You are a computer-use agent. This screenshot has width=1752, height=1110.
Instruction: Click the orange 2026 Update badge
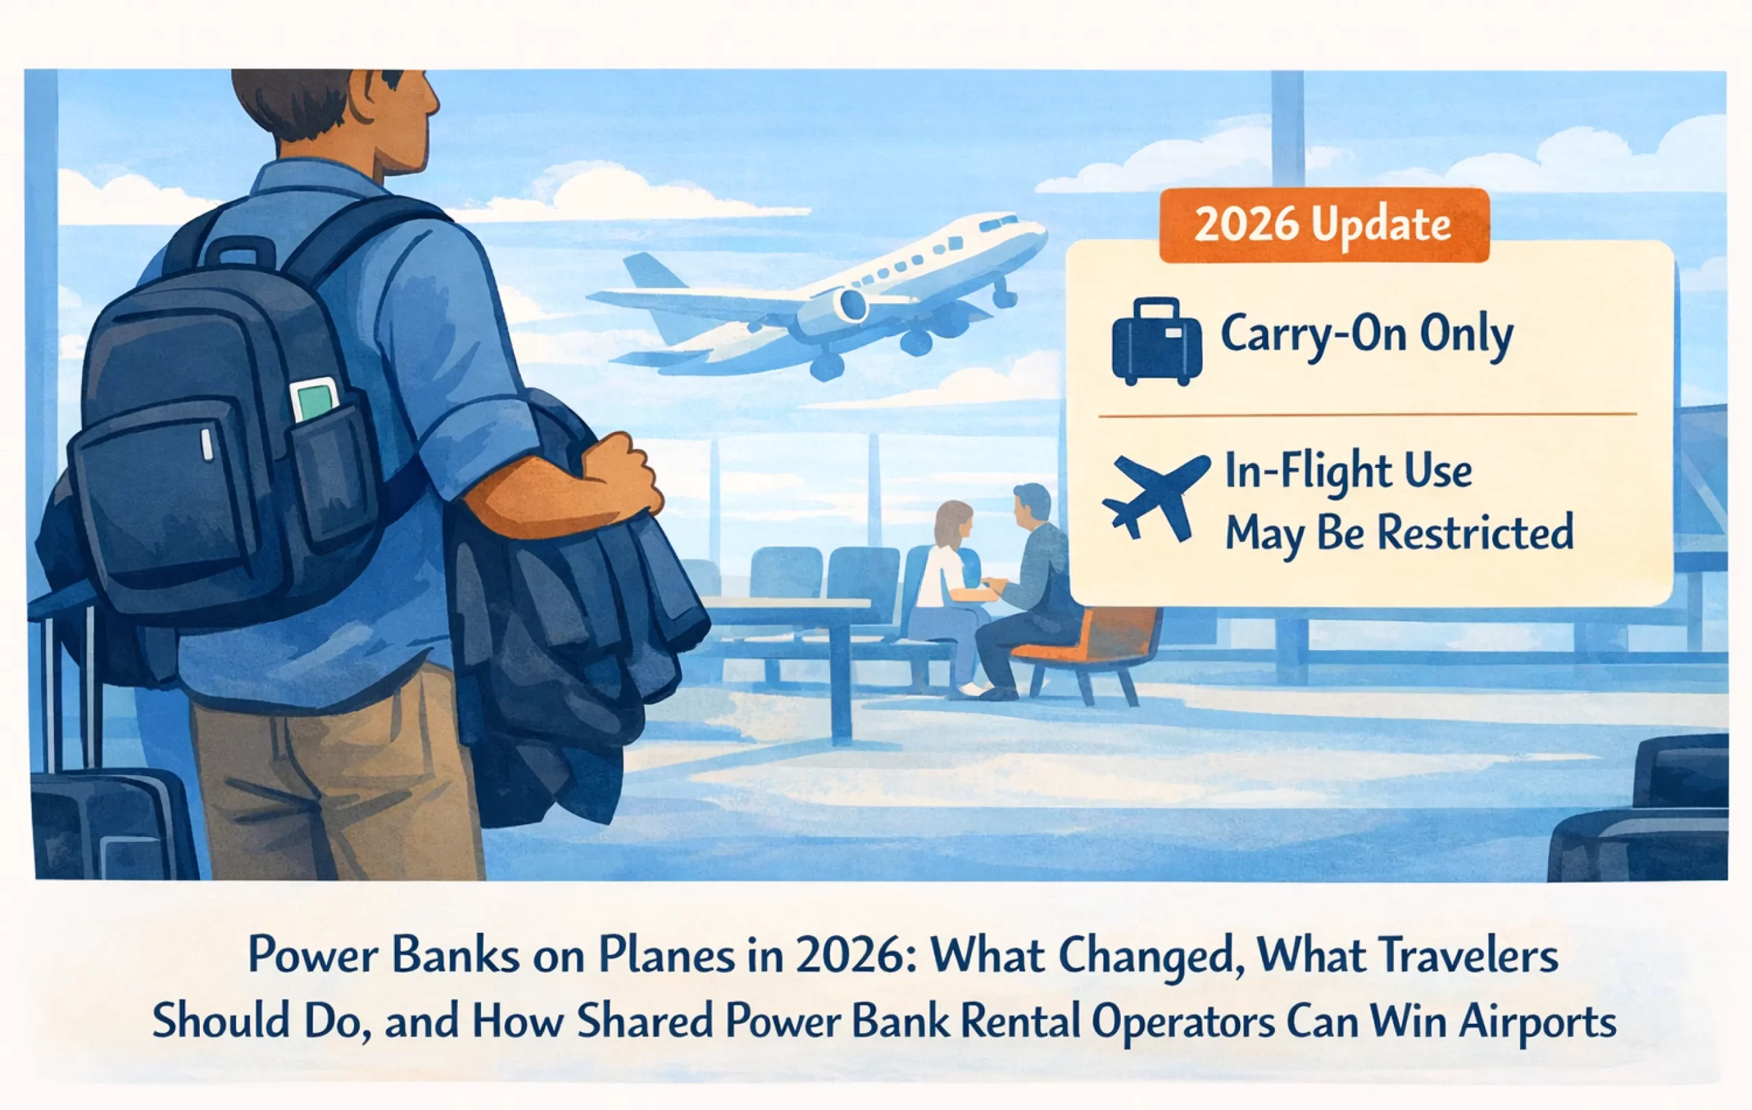coord(1324,224)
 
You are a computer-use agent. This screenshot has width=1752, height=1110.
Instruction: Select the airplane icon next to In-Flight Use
coord(1157,496)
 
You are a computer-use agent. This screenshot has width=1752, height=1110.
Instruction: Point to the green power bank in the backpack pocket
coord(314,400)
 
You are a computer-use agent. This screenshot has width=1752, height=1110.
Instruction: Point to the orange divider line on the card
coord(1367,415)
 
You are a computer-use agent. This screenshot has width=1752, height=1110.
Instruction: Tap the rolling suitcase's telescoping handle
coord(70,691)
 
